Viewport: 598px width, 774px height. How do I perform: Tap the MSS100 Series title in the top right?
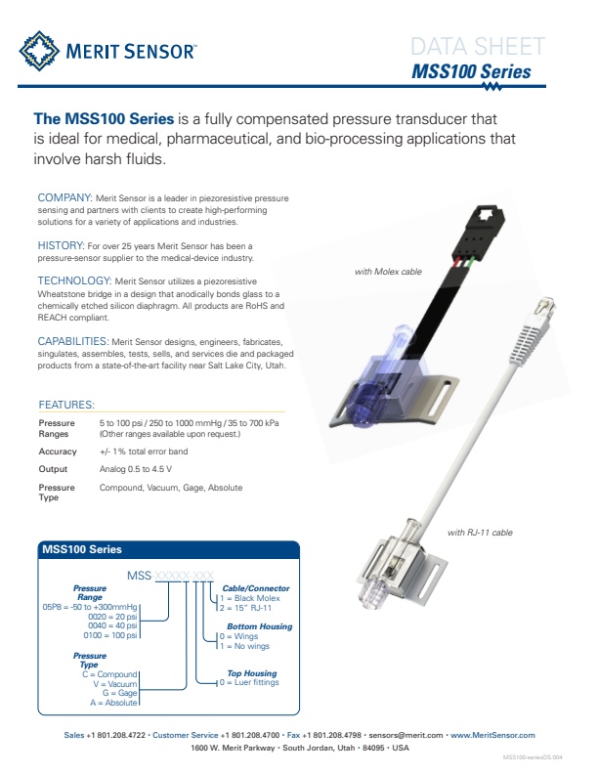pyautogui.click(x=472, y=72)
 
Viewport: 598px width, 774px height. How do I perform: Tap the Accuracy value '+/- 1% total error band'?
pyautogui.click(x=144, y=451)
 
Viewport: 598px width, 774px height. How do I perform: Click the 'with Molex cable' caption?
pyautogui.click(x=388, y=272)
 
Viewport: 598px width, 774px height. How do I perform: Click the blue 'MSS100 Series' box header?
pyautogui.click(x=82, y=550)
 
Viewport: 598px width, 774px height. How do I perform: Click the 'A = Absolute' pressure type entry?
pyautogui.click(x=114, y=702)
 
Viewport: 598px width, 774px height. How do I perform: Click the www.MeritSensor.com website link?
pyautogui.click(x=491, y=735)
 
